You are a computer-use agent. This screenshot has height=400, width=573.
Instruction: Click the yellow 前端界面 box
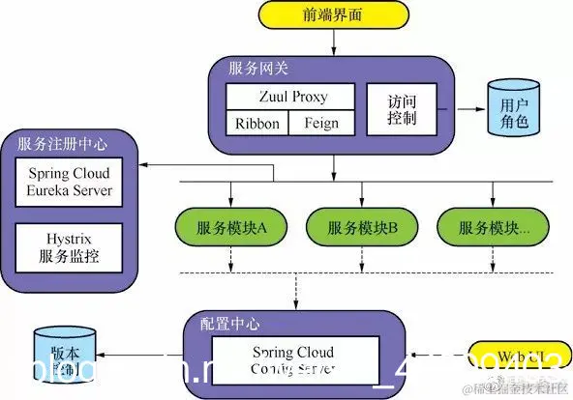coord(333,16)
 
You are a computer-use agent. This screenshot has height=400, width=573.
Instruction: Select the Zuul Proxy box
coord(293,98)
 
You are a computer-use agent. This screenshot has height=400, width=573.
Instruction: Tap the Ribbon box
coord(257,124)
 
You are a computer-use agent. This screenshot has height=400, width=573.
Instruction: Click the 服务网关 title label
coord(258,70)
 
